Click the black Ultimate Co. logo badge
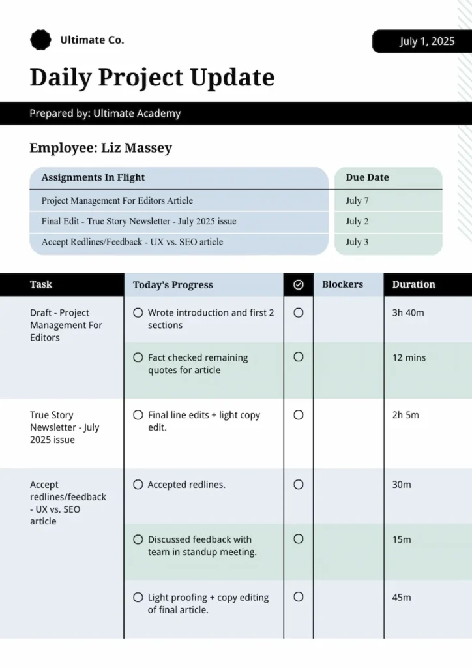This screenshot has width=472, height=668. click(x=40, y=40)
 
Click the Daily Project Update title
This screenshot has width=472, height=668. click(x=152, y=78)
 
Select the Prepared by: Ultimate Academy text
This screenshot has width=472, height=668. click(x=105, y=114)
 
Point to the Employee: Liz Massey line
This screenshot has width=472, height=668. click(x=101, y=148)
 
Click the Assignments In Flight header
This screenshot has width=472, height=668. click(x=93, y=177)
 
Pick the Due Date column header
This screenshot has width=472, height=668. click(x=367, y=177)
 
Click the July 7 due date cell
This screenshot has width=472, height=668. click(x=357, y=201)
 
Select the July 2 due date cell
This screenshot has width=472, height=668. click(x=357, y=221)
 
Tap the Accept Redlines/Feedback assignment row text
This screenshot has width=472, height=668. click(x=132, y=242)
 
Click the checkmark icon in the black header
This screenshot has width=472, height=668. click(x=299, y=284)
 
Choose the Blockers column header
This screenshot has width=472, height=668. click(x=342, y=284)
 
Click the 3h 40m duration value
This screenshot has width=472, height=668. click(x=408, y=312)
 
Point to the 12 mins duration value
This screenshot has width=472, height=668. click(x=409, y=357)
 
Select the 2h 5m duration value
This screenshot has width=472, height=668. click(x=406, y=415)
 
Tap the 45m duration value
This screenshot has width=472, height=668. click(x=402, y=597)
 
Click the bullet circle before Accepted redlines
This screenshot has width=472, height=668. click(x=138, y=485)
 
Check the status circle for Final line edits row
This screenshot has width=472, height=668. click(x=299, y=415)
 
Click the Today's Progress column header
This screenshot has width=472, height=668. click(x=173, y=285)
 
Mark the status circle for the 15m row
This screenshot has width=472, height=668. click(x=299, y=539)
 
